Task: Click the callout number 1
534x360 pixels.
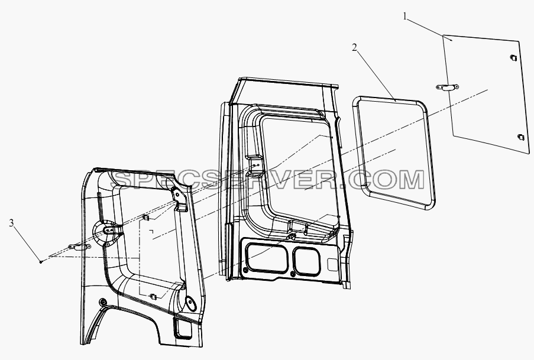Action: click(x=405, y=17)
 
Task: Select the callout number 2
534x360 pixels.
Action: click(x=355, y=48)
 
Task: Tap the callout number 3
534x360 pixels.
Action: click(x=12, y=223)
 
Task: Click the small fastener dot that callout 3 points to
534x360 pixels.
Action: click(x=41, y=261)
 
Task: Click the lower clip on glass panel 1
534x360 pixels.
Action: click(x=521, y=137)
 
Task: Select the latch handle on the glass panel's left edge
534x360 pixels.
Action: click(x=448, y=87)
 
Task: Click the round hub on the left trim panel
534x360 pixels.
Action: click(x=106, y=232)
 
